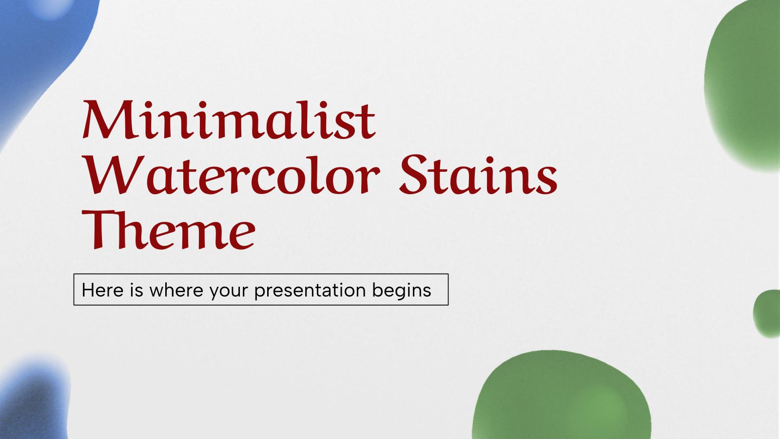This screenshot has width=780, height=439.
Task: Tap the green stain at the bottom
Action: click(561, 398)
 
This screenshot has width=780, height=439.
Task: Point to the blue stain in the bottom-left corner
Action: click(32, 400)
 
